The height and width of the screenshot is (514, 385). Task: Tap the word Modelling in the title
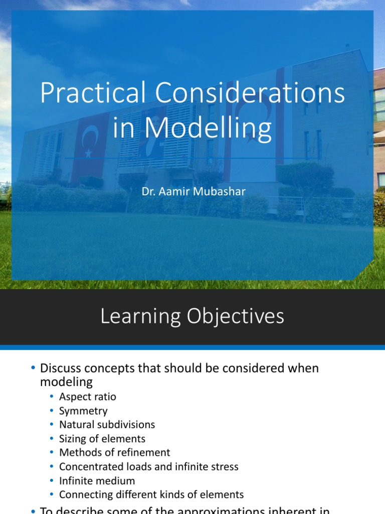point(208,127)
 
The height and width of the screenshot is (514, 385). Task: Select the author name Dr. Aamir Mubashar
point(193,191)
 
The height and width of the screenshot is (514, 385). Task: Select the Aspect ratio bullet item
point(87,397)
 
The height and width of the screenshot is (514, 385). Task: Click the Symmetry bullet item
point(83,411)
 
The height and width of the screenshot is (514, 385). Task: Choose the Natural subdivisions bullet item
point(107,425)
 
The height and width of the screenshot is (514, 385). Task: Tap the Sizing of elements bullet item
point(102,439)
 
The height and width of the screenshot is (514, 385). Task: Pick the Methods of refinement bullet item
point(114,452)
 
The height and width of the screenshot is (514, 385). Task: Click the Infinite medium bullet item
point(97,480)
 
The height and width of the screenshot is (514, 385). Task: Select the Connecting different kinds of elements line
point(151,494)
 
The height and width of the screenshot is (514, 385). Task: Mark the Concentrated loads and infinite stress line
point(148,466)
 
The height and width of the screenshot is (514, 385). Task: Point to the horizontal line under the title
point(192,159)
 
